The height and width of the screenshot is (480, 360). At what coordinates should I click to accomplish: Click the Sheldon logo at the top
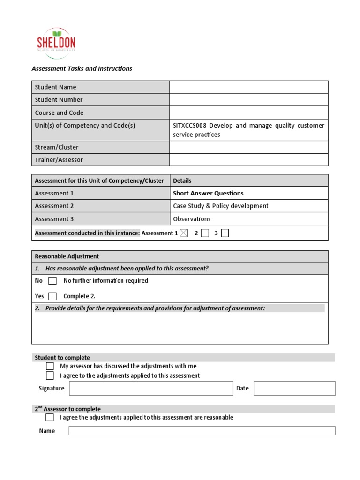56,43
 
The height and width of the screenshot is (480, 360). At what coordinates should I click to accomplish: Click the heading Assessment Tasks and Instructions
82,68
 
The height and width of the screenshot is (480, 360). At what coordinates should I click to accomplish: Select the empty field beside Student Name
248,87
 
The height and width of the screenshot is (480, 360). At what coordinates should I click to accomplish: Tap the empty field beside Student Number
248,100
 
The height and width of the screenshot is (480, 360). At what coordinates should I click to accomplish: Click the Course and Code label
59,112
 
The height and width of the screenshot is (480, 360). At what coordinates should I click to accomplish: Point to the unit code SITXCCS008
190,126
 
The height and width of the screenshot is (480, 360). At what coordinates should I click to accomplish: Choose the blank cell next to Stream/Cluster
248,147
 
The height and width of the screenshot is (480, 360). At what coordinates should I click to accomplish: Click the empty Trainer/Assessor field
248,160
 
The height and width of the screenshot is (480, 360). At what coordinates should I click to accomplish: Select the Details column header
182,180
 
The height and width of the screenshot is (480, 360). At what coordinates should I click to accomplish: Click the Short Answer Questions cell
208,193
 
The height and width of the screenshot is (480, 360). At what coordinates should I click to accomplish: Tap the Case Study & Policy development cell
220,206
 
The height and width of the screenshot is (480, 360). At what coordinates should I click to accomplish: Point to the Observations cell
192,219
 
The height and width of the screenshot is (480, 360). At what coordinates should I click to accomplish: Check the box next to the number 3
225,233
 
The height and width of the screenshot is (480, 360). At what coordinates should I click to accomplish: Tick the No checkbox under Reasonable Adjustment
52,281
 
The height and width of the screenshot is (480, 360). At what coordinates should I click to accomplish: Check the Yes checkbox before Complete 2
52,296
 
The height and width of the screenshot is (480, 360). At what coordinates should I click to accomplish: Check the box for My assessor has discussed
50,366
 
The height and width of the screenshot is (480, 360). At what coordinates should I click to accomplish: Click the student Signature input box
151,389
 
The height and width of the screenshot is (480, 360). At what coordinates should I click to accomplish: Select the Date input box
294,389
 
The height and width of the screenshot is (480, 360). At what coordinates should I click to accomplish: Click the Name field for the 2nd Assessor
202,431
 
